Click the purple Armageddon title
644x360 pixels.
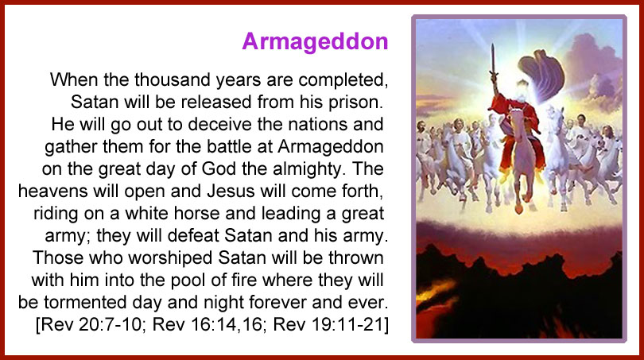point(315,42)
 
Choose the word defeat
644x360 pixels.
point(194,235)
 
